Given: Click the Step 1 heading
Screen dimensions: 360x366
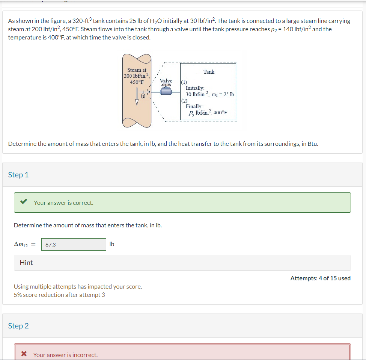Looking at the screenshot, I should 18,175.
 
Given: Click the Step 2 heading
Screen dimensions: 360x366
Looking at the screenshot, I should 18,326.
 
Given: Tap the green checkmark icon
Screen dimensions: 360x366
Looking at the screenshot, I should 24,202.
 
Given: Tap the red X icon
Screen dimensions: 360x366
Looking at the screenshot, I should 24,354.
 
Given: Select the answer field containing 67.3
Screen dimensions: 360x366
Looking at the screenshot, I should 74,244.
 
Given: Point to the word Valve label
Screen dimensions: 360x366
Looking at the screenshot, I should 166,81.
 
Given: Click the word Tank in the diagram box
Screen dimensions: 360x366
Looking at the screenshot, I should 209,72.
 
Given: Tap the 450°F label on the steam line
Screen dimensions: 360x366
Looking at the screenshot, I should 137,82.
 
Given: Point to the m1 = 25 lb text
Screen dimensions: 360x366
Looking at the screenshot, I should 223,94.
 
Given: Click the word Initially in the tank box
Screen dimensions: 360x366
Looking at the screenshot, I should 195,88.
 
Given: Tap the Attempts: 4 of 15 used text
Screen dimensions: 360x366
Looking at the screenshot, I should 320,278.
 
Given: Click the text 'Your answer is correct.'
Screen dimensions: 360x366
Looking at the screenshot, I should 63,203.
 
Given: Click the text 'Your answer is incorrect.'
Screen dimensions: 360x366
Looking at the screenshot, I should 65,355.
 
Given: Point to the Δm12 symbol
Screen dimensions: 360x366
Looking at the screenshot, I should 21,245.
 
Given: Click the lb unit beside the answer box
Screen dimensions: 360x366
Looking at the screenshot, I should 112,244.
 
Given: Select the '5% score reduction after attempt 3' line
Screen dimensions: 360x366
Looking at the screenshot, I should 59,295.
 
